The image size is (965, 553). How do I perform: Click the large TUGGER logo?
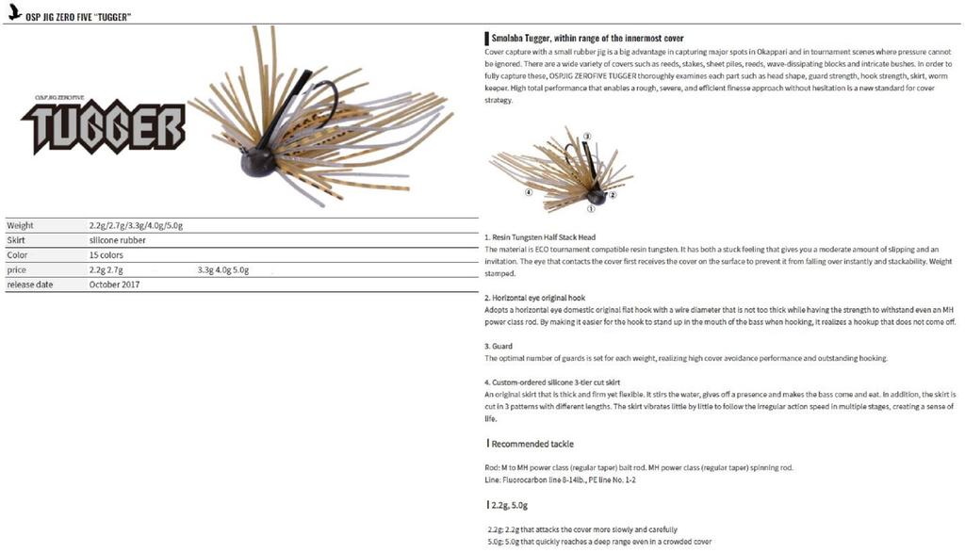104,128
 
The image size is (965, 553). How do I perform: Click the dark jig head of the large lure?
257,162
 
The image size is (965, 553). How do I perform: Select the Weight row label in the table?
20,225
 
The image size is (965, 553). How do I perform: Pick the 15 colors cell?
106,255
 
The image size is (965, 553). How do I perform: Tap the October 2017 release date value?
115,285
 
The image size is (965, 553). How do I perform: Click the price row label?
16,270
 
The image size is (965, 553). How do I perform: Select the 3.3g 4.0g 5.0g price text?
223,270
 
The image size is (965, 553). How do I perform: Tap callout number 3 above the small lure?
586,138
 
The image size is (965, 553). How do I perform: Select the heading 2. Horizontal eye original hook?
534,297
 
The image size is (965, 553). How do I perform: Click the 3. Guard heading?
499,346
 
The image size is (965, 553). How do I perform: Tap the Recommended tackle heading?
532,443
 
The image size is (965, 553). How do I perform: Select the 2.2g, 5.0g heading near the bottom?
510,505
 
